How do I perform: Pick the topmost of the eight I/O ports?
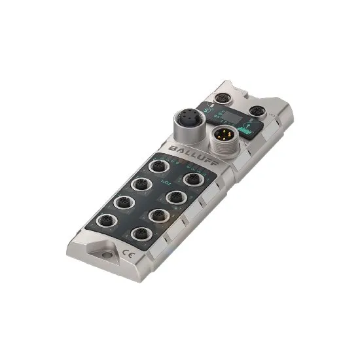tap(158, 166)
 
